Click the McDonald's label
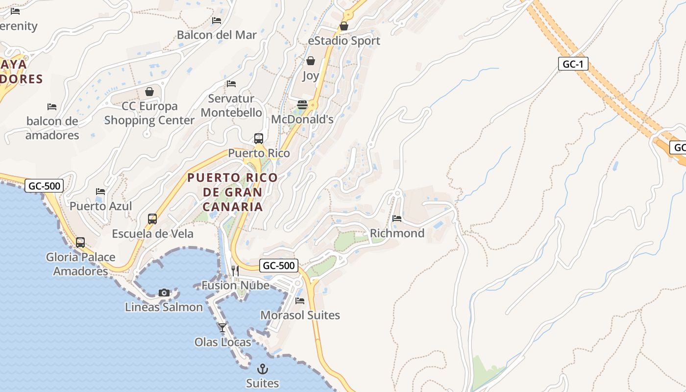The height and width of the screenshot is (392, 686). click(302, 119)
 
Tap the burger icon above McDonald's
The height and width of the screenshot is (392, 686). click(302, 105)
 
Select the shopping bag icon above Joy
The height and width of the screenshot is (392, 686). click(310, 61)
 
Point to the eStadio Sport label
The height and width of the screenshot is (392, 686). click(344, 41)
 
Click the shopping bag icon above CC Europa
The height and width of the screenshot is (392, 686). click(149, 92)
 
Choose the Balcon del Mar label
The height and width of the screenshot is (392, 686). click(217, 35)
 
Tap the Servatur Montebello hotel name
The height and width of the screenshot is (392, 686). click(231, 105)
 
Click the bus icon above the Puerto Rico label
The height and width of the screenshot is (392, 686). click(259, 139)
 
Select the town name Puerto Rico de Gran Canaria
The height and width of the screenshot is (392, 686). click(233, 192)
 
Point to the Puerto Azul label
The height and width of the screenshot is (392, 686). click(100, 206)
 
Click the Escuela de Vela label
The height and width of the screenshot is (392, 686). click(152, 234)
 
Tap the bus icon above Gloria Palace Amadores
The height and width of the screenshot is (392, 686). click(80, 243)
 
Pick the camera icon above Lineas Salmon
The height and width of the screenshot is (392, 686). click(164, 293)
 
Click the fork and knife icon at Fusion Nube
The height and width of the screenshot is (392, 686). click(235, 270)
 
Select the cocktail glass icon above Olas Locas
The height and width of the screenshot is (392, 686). click(222, 328)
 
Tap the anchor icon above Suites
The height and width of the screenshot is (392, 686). click(263, 368)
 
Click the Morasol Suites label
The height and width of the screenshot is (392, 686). click(300, 315)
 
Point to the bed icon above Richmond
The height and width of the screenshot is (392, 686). click(397, 219)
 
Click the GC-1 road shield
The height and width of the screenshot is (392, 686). click(573, 64)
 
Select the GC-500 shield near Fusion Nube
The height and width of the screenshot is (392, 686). click(278, 266)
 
